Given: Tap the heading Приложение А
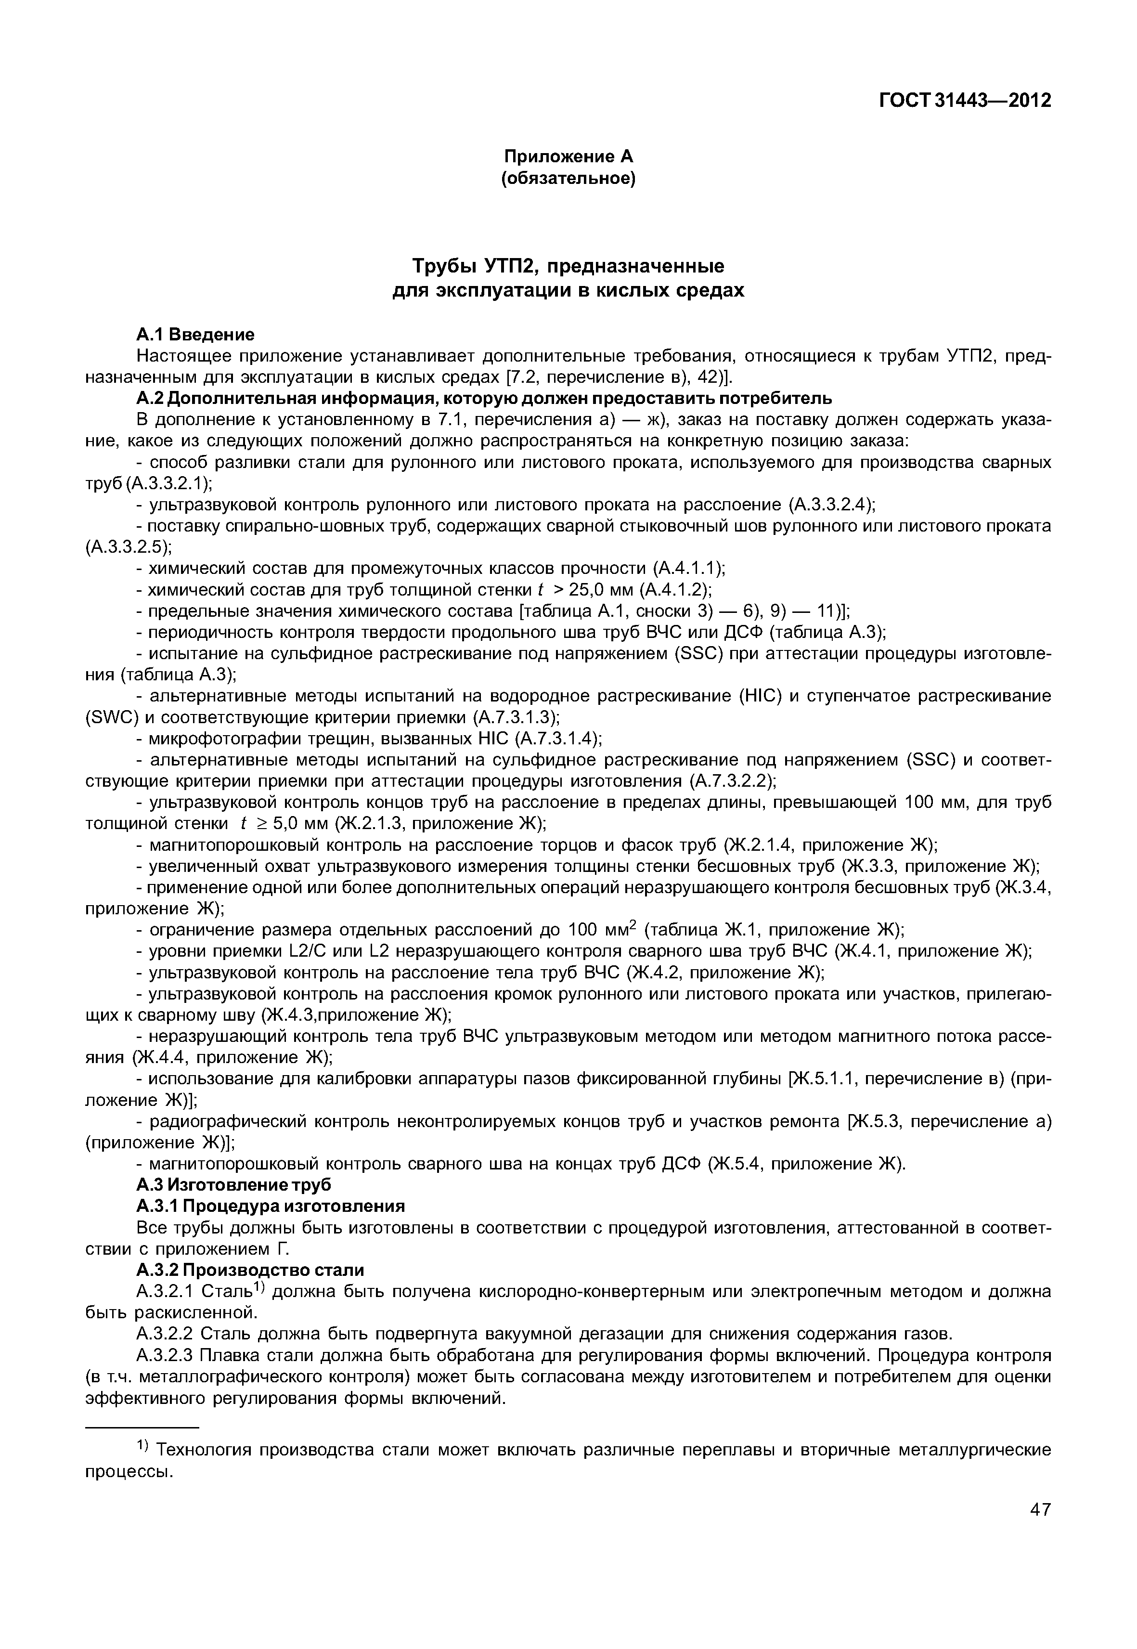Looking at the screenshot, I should click(x=568, y=156).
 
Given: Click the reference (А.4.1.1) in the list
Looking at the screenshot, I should click(x=689, y=569).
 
